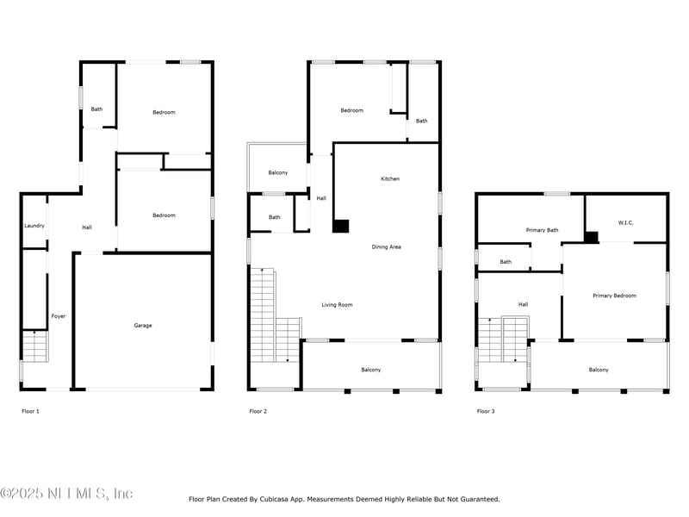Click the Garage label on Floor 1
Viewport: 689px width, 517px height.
click(x=143, y=326)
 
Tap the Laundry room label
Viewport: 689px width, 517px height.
click(x=34, y=226)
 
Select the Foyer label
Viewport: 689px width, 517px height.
click(x=59, y=316)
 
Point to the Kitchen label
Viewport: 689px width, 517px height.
click(x=390, y=178)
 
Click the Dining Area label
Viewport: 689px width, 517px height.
click(x=386, y=246)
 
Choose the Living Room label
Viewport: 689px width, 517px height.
click(x=337, y=305)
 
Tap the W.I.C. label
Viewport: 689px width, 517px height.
click(x=626, y=222)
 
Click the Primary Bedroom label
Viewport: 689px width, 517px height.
click(x=614, y=296)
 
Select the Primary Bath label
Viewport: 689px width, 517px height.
click(x=543, y=230)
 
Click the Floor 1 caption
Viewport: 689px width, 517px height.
click(x=30, y=411)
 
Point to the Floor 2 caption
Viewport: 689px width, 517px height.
click(x=258, y=411)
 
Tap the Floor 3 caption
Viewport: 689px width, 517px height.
click(x=486, y=411)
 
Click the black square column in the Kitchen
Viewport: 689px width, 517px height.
click(x=340, y=226)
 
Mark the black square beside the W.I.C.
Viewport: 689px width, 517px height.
click(x=591, y=237)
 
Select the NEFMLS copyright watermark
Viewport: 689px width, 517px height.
click(x=66, y=493)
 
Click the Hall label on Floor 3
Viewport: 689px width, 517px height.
click(x=523, y=304)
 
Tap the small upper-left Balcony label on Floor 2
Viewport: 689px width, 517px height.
click(x=278, y=172)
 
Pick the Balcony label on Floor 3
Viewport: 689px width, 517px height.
click(x=599, y=370)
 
